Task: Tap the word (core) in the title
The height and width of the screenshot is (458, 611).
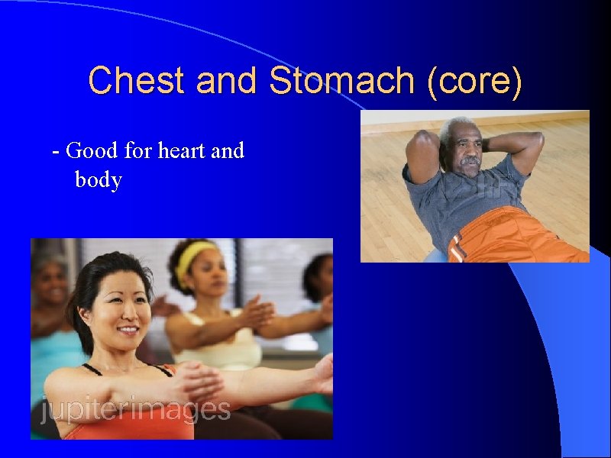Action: click(476, 80)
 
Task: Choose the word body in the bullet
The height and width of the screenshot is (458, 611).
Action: click(99, 180)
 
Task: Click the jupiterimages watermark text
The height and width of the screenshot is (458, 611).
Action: click(135, 410)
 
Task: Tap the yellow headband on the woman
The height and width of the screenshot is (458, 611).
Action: click(194, 255)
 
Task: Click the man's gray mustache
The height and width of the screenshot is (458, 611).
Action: click(470, 162)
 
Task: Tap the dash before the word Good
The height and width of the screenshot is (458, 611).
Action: click(55, 151)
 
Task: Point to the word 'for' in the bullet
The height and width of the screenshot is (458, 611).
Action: click(138, 150)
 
